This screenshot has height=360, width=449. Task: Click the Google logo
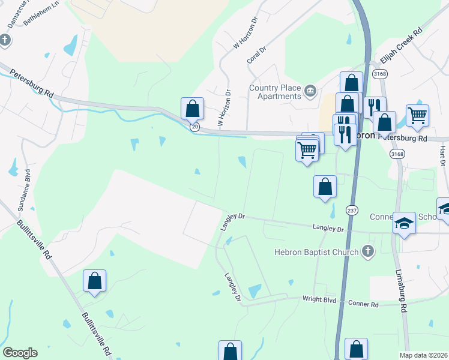tap(20, 353)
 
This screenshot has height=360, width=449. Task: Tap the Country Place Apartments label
tap(275, 92)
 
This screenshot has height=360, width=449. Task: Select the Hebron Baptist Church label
tap(316, 253)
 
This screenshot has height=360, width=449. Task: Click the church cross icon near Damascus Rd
tap(5, 40)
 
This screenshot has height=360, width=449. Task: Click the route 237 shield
tap(351, 210)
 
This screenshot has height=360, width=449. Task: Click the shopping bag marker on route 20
tap(192, 109)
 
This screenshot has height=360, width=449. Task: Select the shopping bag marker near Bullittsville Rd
tap(94, 281)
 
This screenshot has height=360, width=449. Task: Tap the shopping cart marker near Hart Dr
tap(417, 115)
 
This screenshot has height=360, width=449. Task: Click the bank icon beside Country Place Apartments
tap(310, 91)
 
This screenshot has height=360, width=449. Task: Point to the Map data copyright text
tap(424, 355)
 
